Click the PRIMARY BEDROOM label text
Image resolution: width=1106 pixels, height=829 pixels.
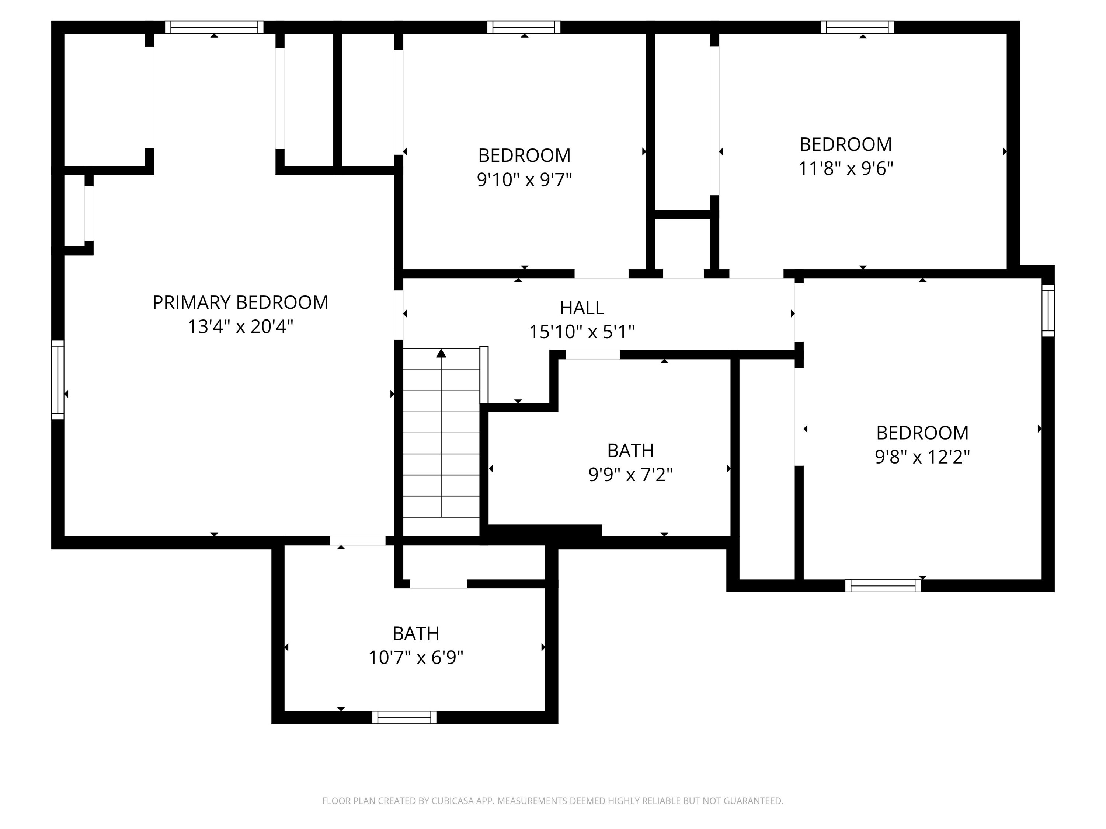click(x=240, y=302)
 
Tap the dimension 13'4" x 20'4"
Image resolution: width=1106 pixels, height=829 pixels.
click(x=240, y=327)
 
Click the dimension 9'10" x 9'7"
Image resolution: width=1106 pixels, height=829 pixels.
click(x=524, y=179)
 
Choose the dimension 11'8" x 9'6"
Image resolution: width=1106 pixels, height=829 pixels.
click(x=845, y=168)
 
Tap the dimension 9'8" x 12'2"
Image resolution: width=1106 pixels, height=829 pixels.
click(x=922, y=457)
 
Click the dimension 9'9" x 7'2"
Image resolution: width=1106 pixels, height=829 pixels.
click(x=630, y=475)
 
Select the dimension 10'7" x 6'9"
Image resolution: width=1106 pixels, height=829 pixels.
click(x=415, y=658)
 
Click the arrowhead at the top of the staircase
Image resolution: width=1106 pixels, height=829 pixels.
click(x=441, y=353)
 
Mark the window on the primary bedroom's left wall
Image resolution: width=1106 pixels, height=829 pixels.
click(x=58, y=380)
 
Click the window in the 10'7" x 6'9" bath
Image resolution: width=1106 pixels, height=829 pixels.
click(x=404, y=717)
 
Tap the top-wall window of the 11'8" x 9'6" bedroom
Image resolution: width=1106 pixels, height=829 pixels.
click(x=857, y=27)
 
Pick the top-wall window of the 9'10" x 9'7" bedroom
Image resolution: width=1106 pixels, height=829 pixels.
click(x=524, y=27)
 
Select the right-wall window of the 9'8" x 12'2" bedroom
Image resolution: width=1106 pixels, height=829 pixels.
click(x=1048, y=310)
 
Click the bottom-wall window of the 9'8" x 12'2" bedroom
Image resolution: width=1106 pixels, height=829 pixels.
click(x=883, y=586)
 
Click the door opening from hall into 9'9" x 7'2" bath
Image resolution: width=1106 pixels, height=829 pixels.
click(x=592, y=355)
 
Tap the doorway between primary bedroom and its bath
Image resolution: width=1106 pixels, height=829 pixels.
click(x=358, y=541)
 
